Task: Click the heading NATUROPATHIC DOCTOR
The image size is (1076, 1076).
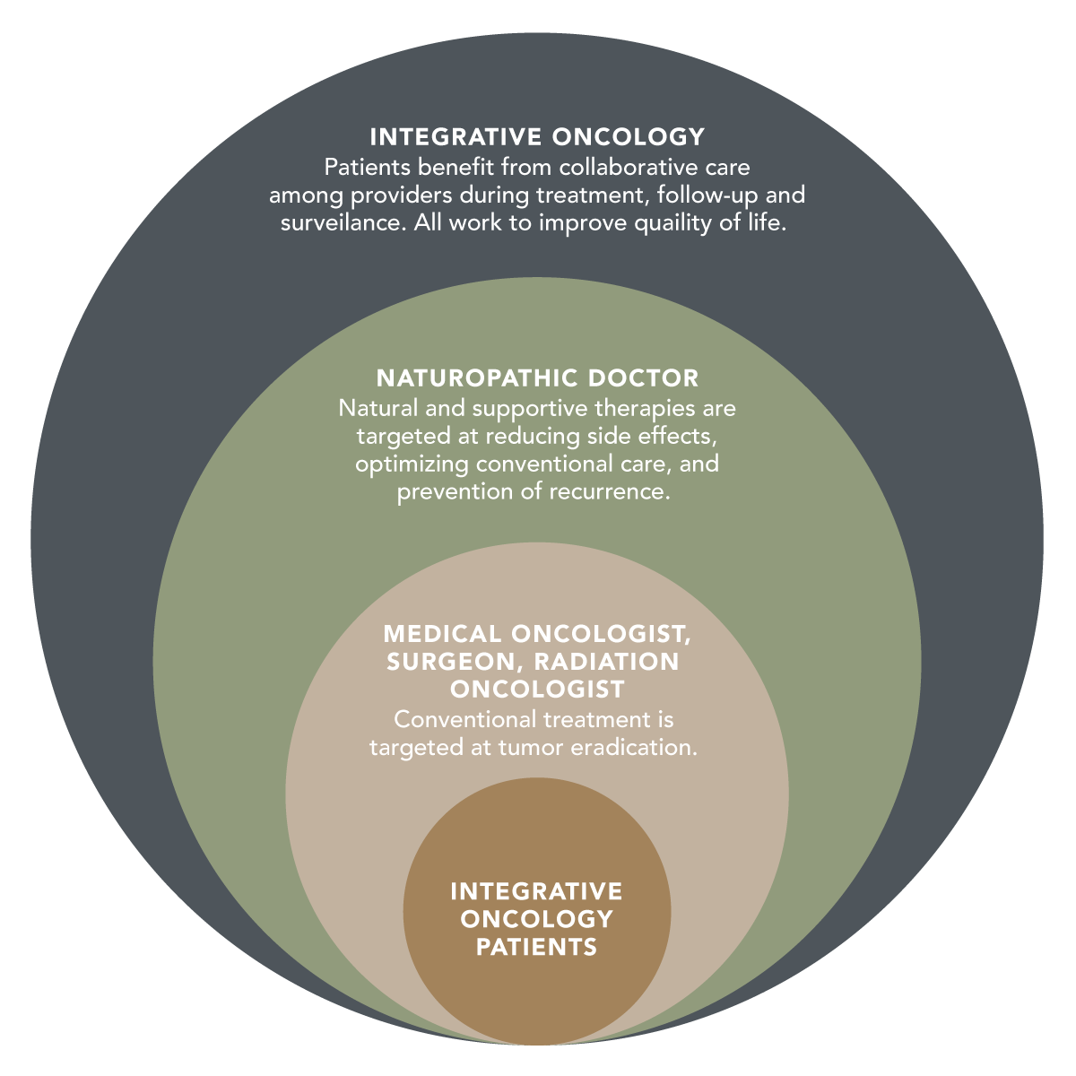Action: pos(537,377)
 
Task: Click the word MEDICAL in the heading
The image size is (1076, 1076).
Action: pos(442,634)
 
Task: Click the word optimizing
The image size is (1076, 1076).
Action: pos(412,464)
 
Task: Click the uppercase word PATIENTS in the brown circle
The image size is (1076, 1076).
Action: pos(536,947)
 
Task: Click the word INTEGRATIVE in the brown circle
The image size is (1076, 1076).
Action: pos(536,891)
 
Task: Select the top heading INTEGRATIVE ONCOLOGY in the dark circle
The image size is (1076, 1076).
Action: pos(537,137)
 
